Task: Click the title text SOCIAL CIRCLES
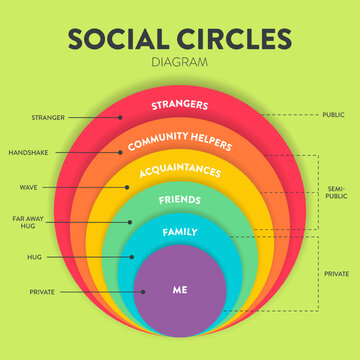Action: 180,39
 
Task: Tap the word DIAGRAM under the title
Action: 180,61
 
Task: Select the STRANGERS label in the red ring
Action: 179,103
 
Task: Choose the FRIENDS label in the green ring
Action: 179,201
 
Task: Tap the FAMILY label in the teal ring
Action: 180,232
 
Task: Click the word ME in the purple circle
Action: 179,291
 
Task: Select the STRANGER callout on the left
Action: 48,117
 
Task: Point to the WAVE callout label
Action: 29,187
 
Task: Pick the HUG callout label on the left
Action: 34,257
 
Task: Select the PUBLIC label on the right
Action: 334,114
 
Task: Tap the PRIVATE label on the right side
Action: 336,272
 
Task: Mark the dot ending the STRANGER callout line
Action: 120,117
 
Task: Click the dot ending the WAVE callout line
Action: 126,187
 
